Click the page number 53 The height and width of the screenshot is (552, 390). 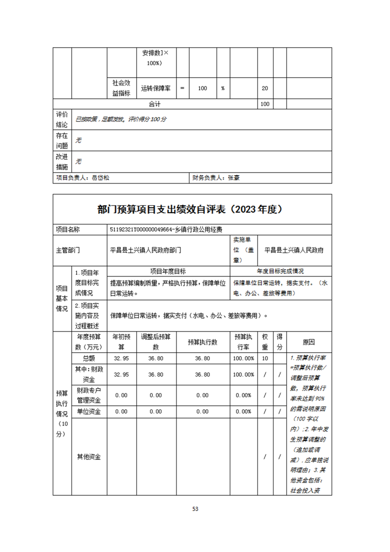195,509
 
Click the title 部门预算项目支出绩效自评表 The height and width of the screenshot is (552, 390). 162,210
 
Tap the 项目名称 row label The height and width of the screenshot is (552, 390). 68,229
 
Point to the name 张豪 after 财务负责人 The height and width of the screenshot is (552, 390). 234,178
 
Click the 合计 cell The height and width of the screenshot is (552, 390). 154,104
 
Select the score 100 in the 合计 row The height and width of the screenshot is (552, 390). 265,104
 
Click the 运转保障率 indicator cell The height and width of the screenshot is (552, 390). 155,89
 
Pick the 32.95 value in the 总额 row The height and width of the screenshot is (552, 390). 121,359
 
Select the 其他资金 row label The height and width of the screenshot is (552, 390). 89,457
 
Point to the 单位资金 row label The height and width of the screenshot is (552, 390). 89,412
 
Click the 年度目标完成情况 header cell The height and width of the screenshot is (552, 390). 280,271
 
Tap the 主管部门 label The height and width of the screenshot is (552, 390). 68,250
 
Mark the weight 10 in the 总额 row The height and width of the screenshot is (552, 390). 265,359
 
